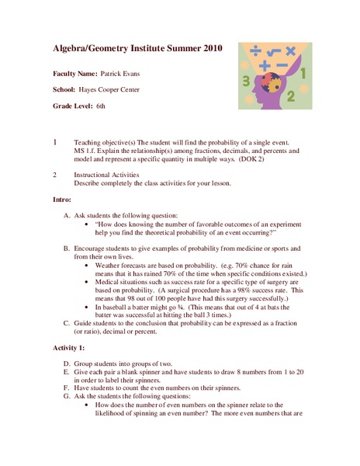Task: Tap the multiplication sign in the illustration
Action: pyautogui.click(x=290, y=50)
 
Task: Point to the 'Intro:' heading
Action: pyautogui.click(x=62, y=200)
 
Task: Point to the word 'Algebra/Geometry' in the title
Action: pyautogui.click(x=90, y=48)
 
